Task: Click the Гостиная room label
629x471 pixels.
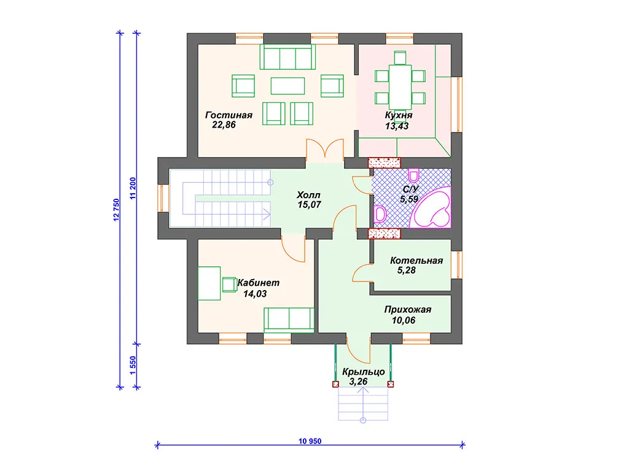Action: [229, 115]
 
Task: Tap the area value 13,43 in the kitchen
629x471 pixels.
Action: [397, 126]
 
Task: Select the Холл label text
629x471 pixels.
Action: [308, 195]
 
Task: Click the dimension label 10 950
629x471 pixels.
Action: [310, 441]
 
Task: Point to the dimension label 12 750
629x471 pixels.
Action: [116, 210]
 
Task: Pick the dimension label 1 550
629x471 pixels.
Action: [133, 366]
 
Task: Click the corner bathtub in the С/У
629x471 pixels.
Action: [432, 208]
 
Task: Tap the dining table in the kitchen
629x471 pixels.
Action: [400, 87]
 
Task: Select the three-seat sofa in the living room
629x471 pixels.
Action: [287, 57]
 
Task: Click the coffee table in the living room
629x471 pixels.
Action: [287, 86]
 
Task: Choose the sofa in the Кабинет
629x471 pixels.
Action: [289, 320]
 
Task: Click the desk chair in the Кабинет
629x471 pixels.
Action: [230, 285]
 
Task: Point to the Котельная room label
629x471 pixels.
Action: [416, 261]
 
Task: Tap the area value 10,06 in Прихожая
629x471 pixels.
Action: [404, 320]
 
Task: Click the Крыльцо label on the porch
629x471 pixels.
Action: [364, 372]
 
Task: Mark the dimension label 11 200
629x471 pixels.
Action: [133, 188]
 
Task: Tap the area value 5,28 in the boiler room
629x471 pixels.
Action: [407, 270]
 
